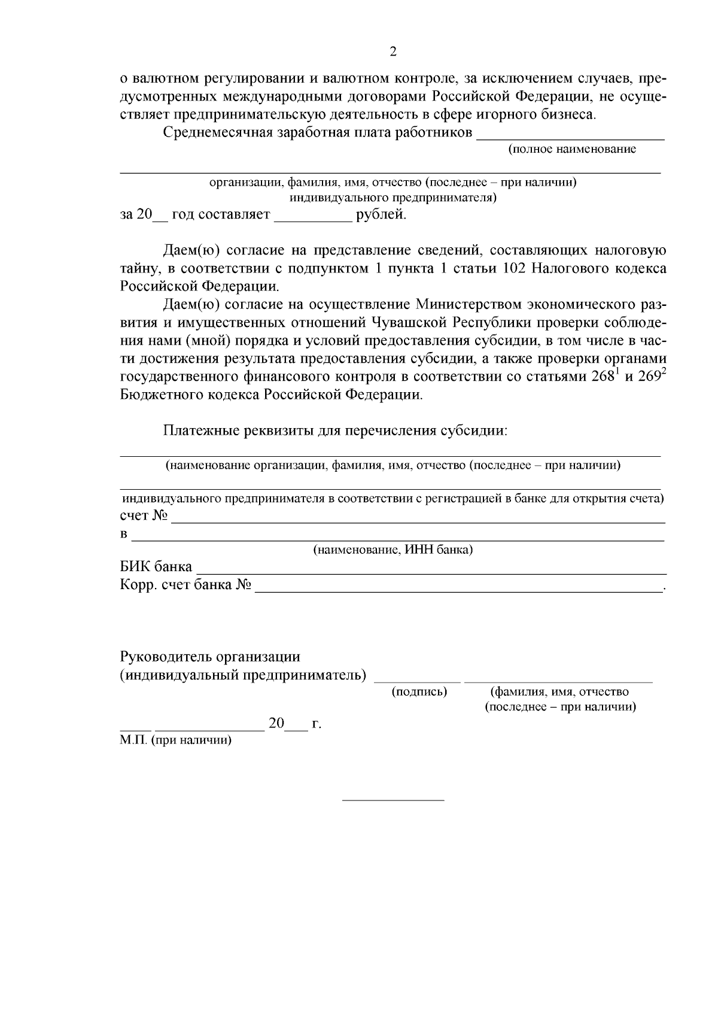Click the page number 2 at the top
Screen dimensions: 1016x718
(393, 52)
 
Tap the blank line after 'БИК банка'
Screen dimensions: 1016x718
(431, 567)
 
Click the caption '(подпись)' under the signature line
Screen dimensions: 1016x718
(419, 692)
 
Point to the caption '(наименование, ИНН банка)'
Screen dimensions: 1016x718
(393, 550)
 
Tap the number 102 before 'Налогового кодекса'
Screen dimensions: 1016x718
(515, 268)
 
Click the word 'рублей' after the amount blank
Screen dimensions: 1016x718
(381, 215)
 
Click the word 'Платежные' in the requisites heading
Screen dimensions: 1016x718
(202, 430)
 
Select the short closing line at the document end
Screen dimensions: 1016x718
(393, 799)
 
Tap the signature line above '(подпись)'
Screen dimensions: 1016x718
(418, 681)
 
